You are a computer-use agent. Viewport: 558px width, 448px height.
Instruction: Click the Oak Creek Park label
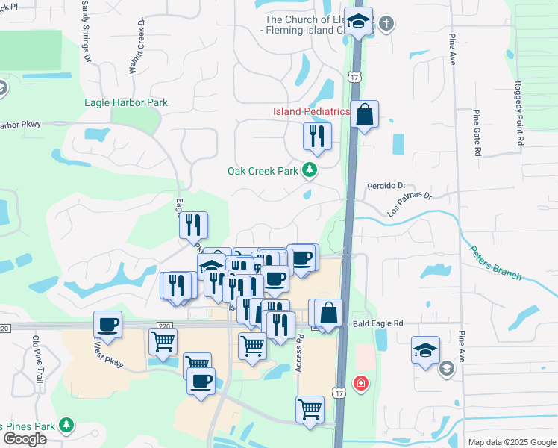click(263, 171)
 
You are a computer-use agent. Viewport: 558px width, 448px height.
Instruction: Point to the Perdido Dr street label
click(386, 185)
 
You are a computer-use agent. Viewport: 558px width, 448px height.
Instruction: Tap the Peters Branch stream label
click(495, 262)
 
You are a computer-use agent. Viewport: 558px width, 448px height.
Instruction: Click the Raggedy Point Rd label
click(518, 113)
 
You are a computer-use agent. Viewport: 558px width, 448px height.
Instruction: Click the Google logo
click(25, 439)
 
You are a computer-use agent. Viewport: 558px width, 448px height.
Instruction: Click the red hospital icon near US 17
click(360, 383)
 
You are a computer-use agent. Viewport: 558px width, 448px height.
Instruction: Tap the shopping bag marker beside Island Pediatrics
click(365, 115)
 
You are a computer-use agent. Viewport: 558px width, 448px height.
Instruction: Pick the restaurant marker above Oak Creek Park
click(317, 136)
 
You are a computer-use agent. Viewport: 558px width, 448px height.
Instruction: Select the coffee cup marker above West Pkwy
click(108, 324)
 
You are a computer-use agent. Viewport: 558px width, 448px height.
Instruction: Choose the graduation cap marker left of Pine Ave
click(425, 350)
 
